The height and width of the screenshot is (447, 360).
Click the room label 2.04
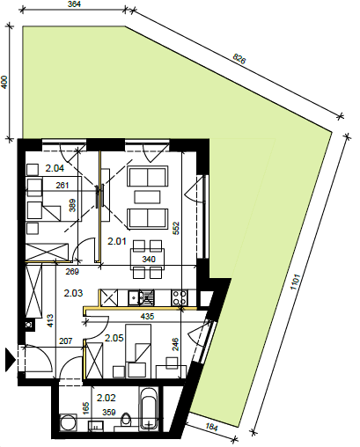click(x=55, y=168)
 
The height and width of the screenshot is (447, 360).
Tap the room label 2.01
click(x=117, y=241)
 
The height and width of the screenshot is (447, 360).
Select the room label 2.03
click(x=73, y=293)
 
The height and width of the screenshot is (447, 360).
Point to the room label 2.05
click(x=114, y=338)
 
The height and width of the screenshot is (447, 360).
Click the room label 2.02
click(x=107, y=398)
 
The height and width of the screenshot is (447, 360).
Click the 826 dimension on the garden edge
click(x=239, y=59)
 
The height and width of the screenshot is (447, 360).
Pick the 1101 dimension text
click(x=295, y=282)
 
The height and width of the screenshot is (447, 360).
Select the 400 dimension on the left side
click(x=4, y=83)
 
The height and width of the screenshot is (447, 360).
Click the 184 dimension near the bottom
click(x=210, y=428)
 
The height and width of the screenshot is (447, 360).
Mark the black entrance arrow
click(x=11, y=359)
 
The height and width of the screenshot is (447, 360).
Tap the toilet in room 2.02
click(x=127, y=421)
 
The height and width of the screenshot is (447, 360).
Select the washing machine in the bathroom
click(x=68, y=422)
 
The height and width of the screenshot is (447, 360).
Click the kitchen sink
click(x=135, y=297)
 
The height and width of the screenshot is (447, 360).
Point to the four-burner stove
click(x=180, y=297)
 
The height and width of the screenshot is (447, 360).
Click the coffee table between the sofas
click(x=148, y=197)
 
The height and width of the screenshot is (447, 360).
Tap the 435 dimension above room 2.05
click(x=147, y=317)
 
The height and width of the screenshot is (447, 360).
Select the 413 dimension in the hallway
click(x=50, y=320)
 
